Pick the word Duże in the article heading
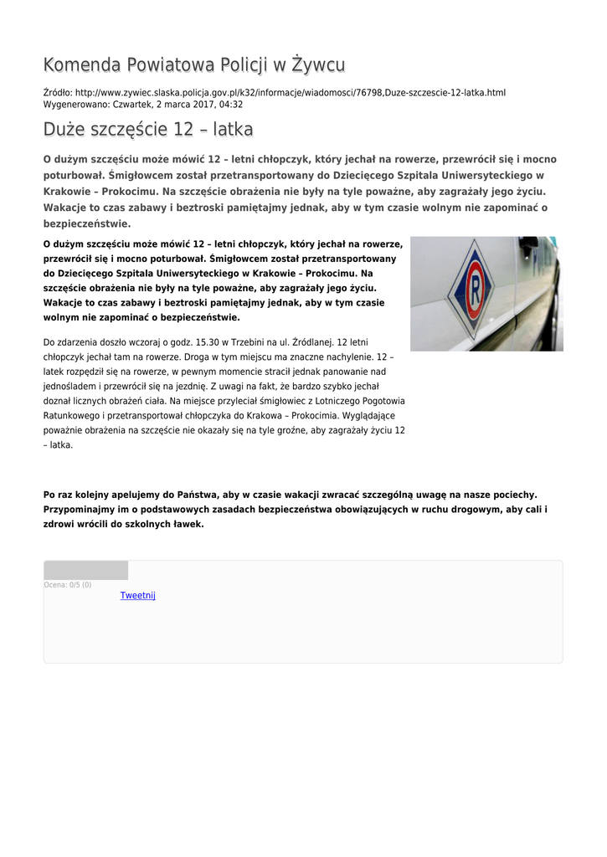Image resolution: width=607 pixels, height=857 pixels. (64, 130)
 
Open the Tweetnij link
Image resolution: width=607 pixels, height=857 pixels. (138, 595)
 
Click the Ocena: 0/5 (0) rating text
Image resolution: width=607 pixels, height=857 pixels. (68, 584)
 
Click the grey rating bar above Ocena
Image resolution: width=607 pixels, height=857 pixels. (85, 570)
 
